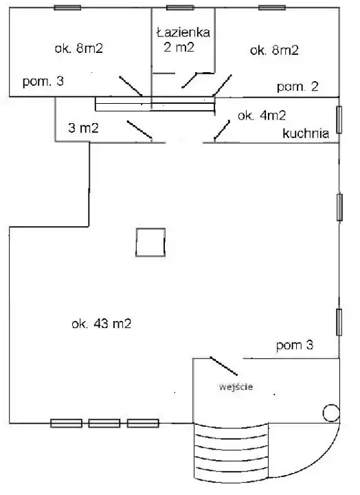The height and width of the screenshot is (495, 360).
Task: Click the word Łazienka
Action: click(183, 32)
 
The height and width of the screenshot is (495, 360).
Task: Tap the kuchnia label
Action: click(306, 133)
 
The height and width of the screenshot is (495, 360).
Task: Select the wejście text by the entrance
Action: click(236, 386)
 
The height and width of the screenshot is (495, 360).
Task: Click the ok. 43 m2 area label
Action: click(101, 324)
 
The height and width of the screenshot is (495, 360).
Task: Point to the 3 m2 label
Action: click(83, 128)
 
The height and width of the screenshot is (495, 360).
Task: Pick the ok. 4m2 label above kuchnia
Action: click(262, 115)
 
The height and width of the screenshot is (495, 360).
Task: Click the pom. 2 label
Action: click(297, 87)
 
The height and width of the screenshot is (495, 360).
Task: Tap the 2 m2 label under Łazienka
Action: click(179, 47)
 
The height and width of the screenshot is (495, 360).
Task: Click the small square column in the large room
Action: click(150, 242)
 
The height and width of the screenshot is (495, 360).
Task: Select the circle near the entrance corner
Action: click(331, 413)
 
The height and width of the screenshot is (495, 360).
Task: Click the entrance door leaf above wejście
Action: click(224, 366)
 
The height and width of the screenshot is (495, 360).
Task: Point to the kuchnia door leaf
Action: click(222, 130)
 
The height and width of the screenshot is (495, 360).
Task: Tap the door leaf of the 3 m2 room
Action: click(139, 130)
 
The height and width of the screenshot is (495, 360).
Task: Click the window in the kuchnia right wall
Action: click(339, 120)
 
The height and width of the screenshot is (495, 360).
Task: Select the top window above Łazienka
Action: click(180, 8)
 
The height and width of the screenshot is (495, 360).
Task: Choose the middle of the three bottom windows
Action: click(104, 423)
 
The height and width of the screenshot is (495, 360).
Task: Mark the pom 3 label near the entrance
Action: click(294, 345)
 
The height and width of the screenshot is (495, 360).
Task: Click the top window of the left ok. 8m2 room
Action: click(67, 8)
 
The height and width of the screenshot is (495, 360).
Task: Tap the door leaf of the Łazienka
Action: click(189, 80)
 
